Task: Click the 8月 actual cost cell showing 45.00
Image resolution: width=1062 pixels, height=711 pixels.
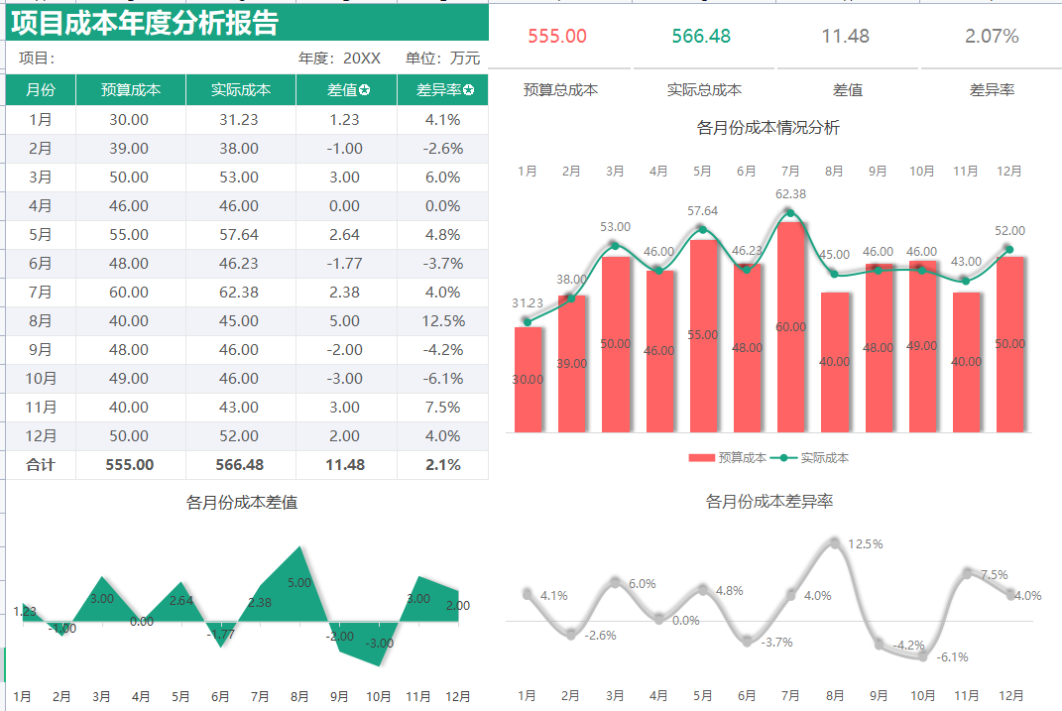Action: coord(240,321)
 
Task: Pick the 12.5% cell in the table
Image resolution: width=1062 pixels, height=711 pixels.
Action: coord(442,321)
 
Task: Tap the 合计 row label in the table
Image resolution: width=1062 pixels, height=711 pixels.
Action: coord(41,465)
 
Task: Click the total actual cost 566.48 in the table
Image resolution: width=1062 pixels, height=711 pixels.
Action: coord(240,465)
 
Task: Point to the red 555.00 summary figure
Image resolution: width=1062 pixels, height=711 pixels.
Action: coord(557,37)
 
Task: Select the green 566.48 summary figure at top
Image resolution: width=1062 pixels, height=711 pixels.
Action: coord(701,37)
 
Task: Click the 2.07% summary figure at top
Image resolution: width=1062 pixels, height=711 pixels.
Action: coord(992,37)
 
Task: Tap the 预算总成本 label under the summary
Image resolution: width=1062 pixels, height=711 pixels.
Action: coord(560,90)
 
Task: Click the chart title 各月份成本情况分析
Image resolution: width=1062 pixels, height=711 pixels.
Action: coord(768,128)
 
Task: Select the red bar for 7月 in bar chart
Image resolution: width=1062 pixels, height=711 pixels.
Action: coord(790,327)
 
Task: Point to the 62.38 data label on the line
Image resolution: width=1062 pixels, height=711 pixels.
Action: coord(790,194)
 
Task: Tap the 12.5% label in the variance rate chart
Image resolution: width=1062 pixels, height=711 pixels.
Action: coord(865,544)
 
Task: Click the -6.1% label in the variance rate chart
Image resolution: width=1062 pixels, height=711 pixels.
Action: coord(952,657)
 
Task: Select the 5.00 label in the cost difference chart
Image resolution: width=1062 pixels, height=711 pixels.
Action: coord(299,583)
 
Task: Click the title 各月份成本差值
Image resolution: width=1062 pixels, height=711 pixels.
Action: coord(241,503)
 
